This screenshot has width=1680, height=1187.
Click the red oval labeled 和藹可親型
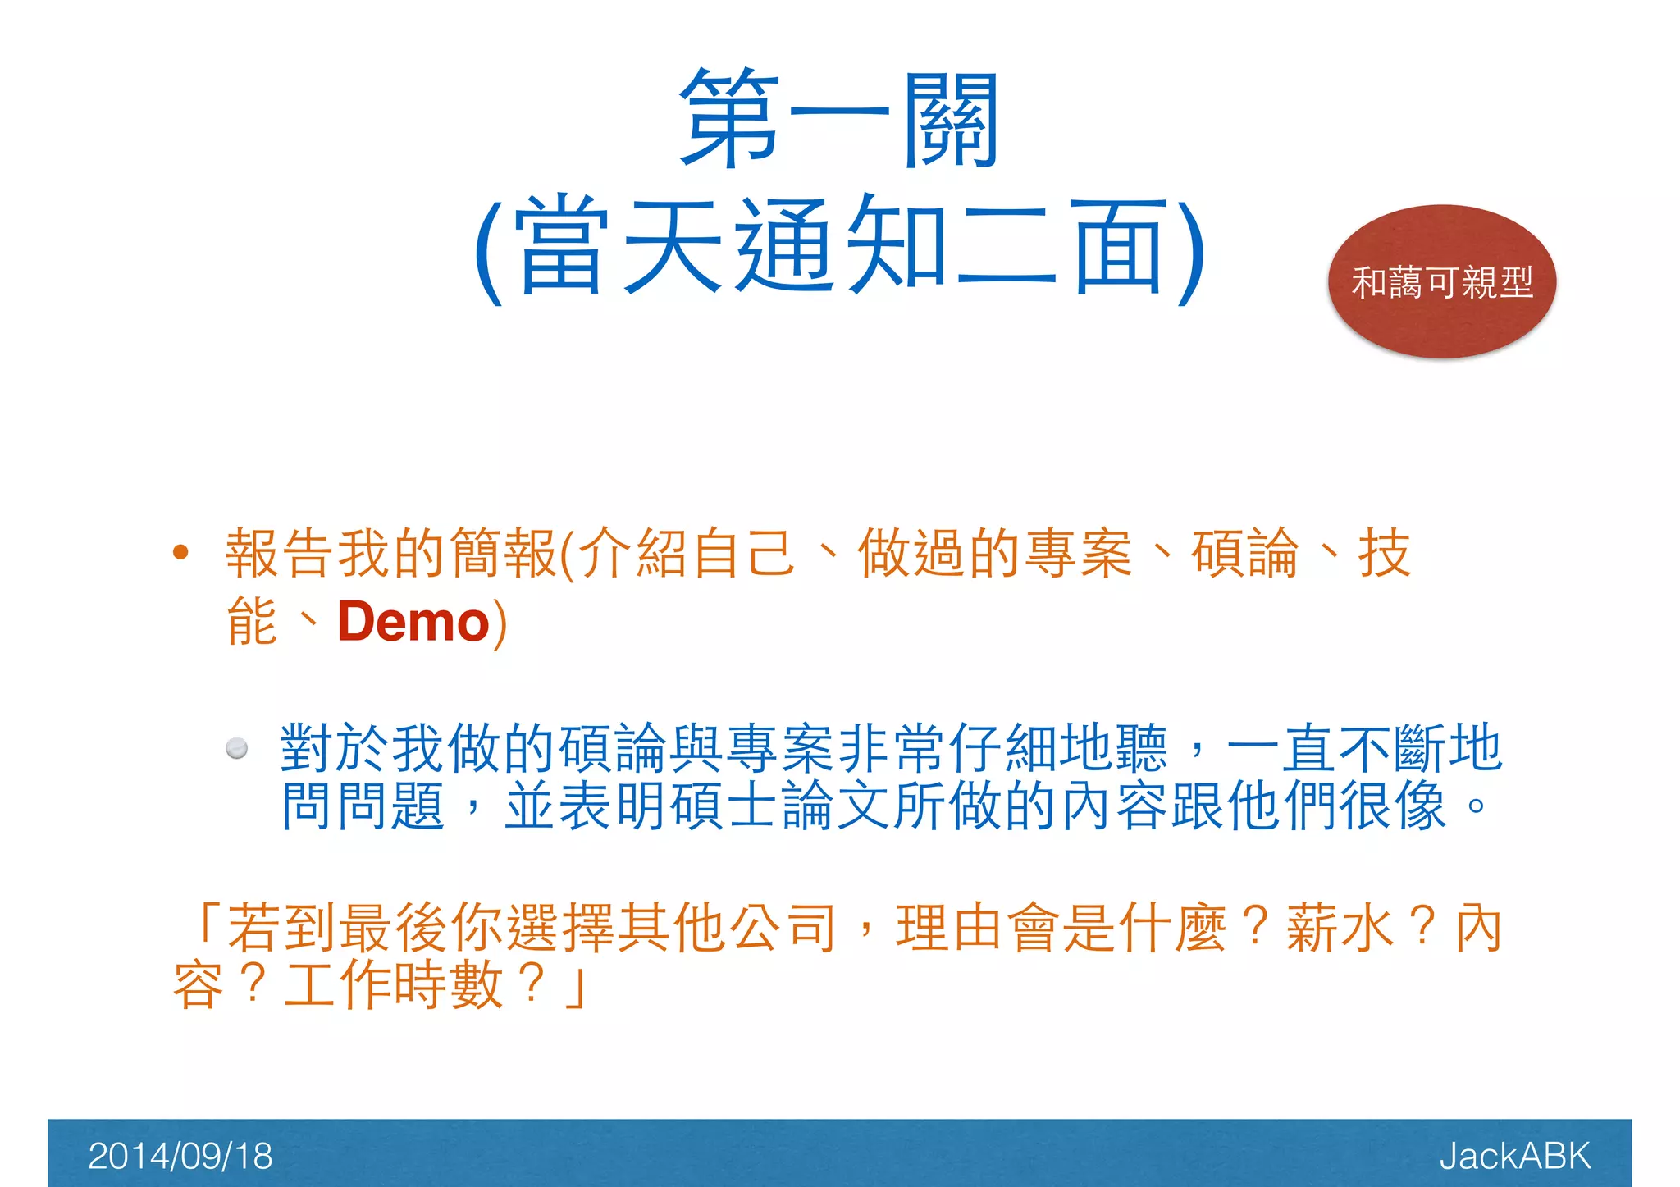(x=1441, y=282)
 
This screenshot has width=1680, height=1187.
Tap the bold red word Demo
(x=413, y=622)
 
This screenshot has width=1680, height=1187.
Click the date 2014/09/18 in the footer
(x=180, y=1156)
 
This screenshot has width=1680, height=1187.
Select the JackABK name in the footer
(x=1514, y=1156)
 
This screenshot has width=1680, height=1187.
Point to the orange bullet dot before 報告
(x=180, y=553)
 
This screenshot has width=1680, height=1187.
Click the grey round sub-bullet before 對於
(x=237, y=748)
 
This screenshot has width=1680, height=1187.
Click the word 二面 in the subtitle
(x=1062, y=246)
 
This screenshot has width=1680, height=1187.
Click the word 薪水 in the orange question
(x=1340, y=929)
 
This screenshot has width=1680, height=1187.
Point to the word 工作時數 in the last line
(x=393, y=984)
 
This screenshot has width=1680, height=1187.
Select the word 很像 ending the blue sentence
(x=1392, y=806)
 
